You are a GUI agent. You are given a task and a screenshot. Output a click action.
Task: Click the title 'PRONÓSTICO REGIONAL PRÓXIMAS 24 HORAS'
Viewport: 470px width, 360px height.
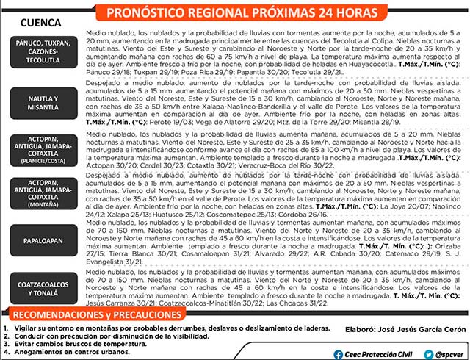pyautogui.click(x=242, y=12)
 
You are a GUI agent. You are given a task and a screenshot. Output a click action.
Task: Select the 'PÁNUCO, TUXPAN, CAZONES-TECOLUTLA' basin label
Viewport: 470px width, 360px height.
pyautogui.click(x=43, y=53)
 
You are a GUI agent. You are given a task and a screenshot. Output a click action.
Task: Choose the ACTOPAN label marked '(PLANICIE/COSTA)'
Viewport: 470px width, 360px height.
pyautogui.click(x=43, y=147)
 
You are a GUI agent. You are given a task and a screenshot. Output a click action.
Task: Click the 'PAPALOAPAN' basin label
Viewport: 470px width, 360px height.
pyautogui.click(x=43, y=240)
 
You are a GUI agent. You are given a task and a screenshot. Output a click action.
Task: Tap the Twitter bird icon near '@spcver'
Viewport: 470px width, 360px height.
pyautogui.click(x=428, y=353)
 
